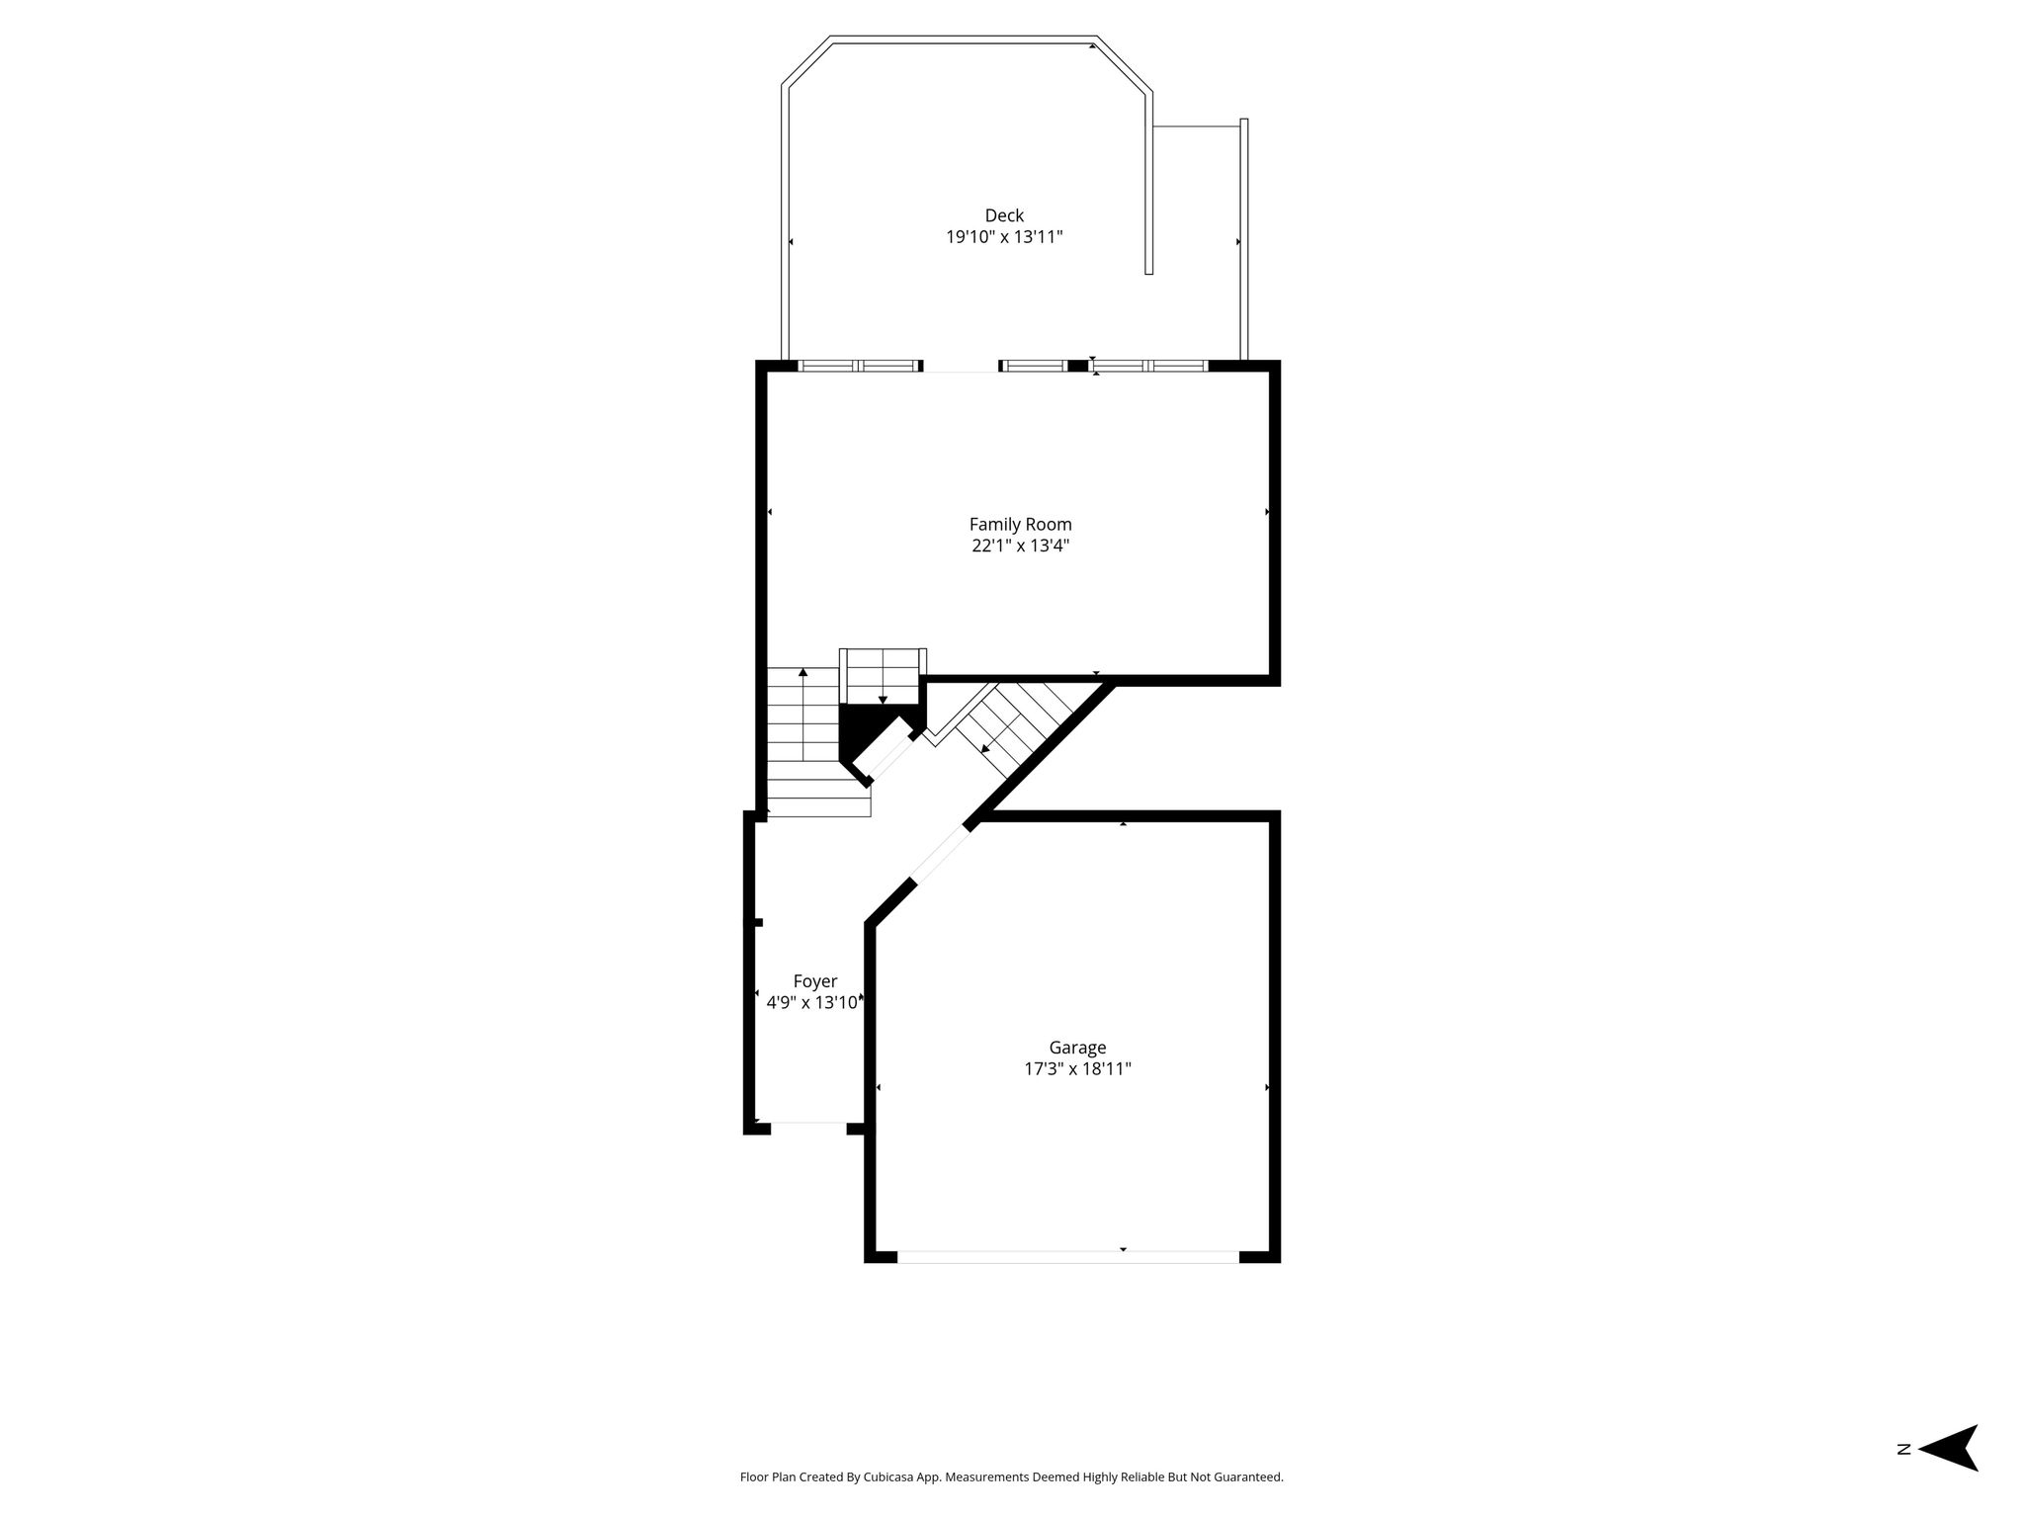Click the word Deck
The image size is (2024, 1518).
(1004, 215)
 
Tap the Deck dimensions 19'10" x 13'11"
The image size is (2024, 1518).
(1004, 237)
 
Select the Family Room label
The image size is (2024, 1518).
(1020, 525)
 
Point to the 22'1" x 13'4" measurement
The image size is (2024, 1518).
(1020, 546)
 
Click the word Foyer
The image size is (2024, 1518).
(815, 981)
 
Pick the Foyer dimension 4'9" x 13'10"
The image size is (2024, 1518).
(814, 1003)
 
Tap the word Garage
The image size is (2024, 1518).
(1077, 1048)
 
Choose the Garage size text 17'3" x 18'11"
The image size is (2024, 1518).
(1077, 1068)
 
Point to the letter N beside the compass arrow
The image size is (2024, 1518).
(1902, 1476)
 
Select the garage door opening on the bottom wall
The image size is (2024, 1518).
(1068, 1256)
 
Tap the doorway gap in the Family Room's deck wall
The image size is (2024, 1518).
(961, 367)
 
